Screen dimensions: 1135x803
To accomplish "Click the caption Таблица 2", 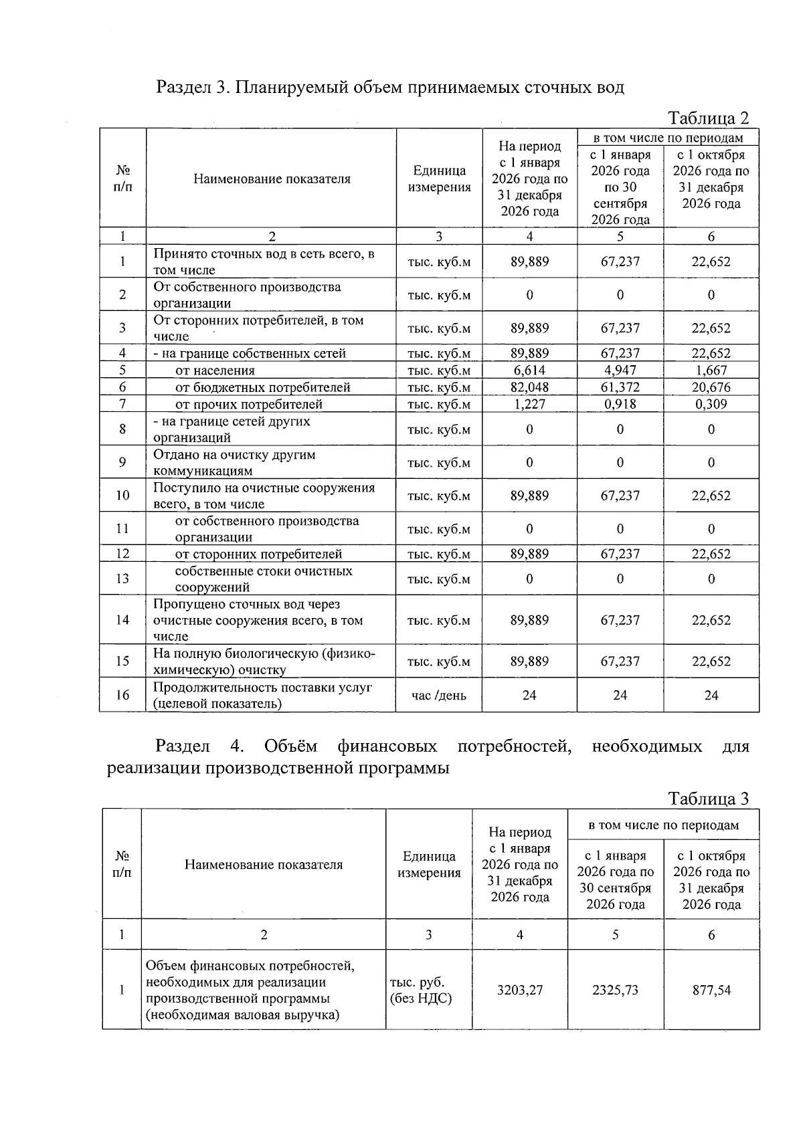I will point(709,118).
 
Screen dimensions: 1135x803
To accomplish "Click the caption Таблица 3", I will point(709,799).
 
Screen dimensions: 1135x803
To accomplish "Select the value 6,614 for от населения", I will point(529,371).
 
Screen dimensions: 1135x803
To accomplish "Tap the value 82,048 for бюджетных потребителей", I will point(529,387).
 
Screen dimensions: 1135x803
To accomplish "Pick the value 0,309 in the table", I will point(711,404).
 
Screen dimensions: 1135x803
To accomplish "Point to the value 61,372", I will point(620,387).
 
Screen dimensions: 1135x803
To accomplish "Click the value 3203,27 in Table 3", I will point(520,990).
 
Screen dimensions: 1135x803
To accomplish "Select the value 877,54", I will point(711,990).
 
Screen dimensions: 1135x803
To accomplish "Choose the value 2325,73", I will point(615,990).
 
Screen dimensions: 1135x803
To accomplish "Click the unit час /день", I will point(439,696).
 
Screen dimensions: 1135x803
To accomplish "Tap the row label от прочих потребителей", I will point(248,404).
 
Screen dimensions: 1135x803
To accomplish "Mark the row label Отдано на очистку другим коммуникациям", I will point(234,462).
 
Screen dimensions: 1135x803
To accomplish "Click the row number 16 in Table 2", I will point(122,695).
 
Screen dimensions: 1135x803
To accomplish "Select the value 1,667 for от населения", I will point(711,371).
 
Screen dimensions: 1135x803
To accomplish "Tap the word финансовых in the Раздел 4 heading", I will point(387,746).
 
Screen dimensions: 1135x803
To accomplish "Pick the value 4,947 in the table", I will point(620,371).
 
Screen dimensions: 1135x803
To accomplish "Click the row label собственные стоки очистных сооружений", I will point(263,579).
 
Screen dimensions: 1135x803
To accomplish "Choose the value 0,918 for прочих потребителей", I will point(620,404).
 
